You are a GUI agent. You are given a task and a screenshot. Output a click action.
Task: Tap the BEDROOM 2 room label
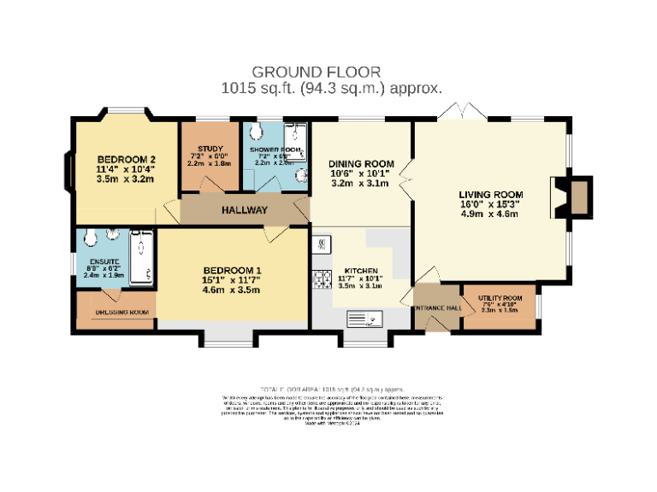coord(126,159)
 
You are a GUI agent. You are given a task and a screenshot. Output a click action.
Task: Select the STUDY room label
coord(198,149)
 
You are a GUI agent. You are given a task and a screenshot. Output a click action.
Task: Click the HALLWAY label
coord(245,210)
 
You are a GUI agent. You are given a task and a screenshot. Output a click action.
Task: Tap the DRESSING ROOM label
coord(121,313)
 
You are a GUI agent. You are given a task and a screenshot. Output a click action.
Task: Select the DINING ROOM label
coord(361,164)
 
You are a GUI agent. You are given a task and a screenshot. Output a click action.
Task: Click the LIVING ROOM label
coord(490,195)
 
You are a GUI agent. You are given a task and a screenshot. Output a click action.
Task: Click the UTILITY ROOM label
coord(500,298)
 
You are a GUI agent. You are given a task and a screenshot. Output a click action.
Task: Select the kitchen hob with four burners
coord(323,278)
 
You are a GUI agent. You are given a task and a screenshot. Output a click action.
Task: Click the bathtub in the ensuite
coord(141,256)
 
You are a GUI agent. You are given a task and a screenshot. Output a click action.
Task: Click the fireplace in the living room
coord(579,196)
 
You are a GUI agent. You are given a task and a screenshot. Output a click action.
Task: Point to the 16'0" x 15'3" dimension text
coord(490,205)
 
